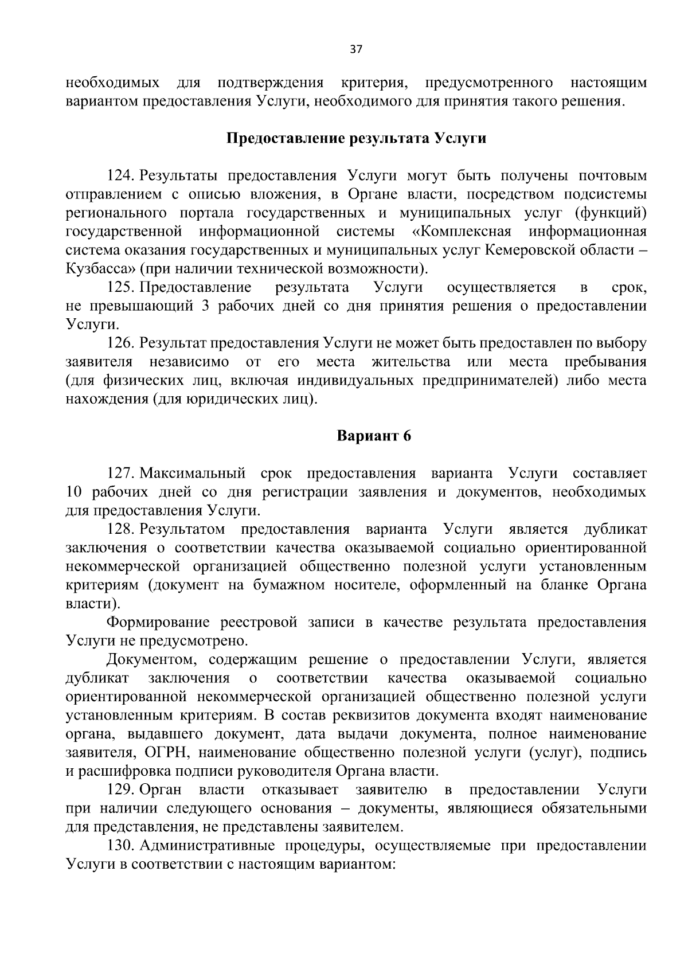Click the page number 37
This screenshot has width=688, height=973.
click(355, 50)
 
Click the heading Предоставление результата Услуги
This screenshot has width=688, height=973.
click(356, 139)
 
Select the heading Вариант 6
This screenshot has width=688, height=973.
click(373, 436)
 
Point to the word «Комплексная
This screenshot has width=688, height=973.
click(462, 232)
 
